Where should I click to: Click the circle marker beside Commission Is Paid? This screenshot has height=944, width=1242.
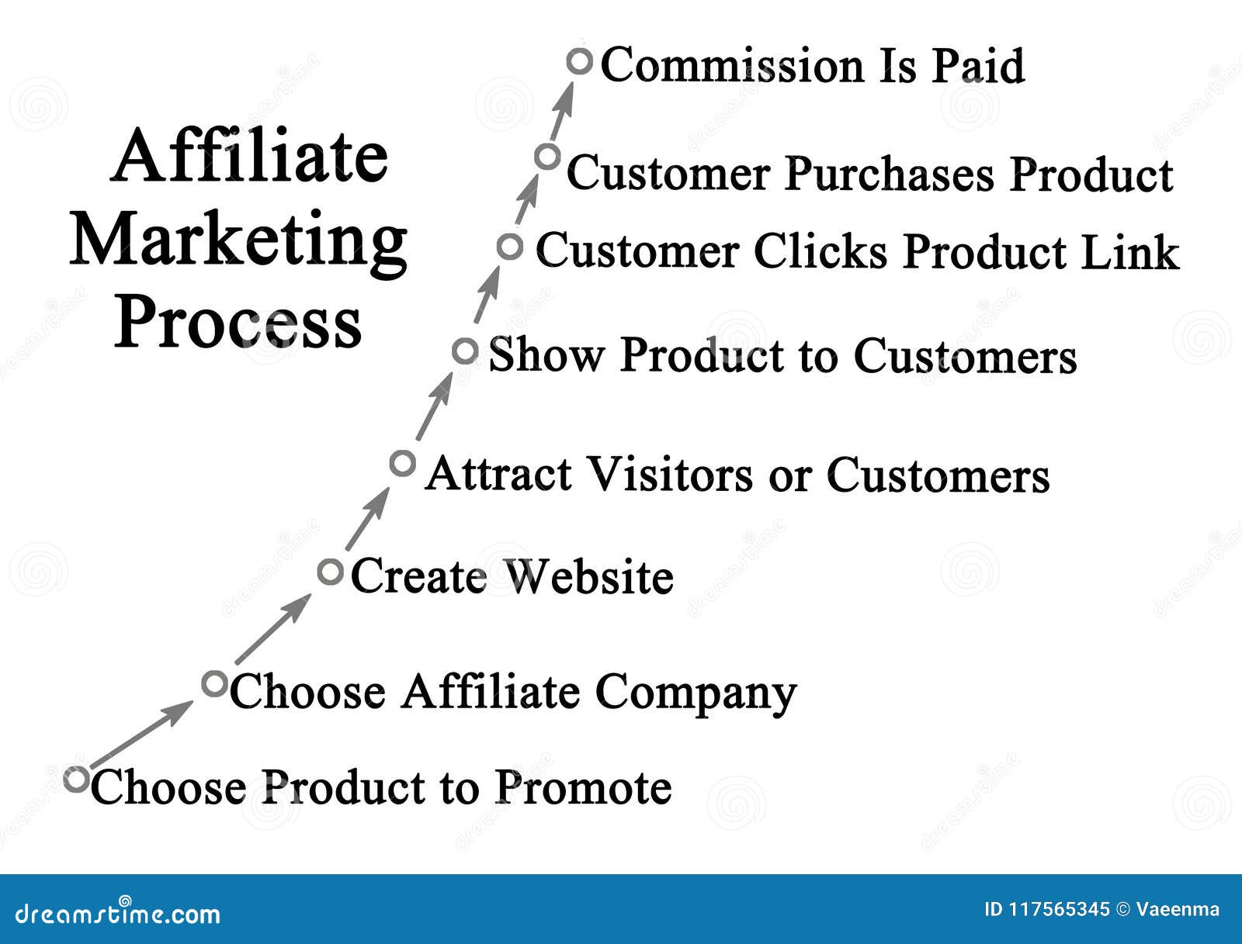click(x=579, y=61)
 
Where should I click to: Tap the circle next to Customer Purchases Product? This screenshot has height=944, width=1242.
click(x=547, y=157)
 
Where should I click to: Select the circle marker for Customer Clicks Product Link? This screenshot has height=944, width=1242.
click(x=509, y=247)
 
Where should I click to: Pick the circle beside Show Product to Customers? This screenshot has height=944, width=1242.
click(x=465, y=351)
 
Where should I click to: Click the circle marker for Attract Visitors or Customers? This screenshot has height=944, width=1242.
click(x=402, y=463)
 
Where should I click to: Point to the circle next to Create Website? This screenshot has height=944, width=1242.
click(x=330, y=572)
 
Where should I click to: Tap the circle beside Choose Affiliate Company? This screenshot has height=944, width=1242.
click(x=213, y=684)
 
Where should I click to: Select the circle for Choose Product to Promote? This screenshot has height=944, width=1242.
click(x=76, y=779)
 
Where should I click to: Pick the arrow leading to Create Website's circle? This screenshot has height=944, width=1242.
click(x=272, y=629)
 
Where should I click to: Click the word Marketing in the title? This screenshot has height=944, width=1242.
click(x=238, y=241)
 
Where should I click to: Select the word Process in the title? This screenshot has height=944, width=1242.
click(x=238, y=323)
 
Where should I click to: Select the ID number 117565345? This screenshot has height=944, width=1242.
click(x=1058, y=909)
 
